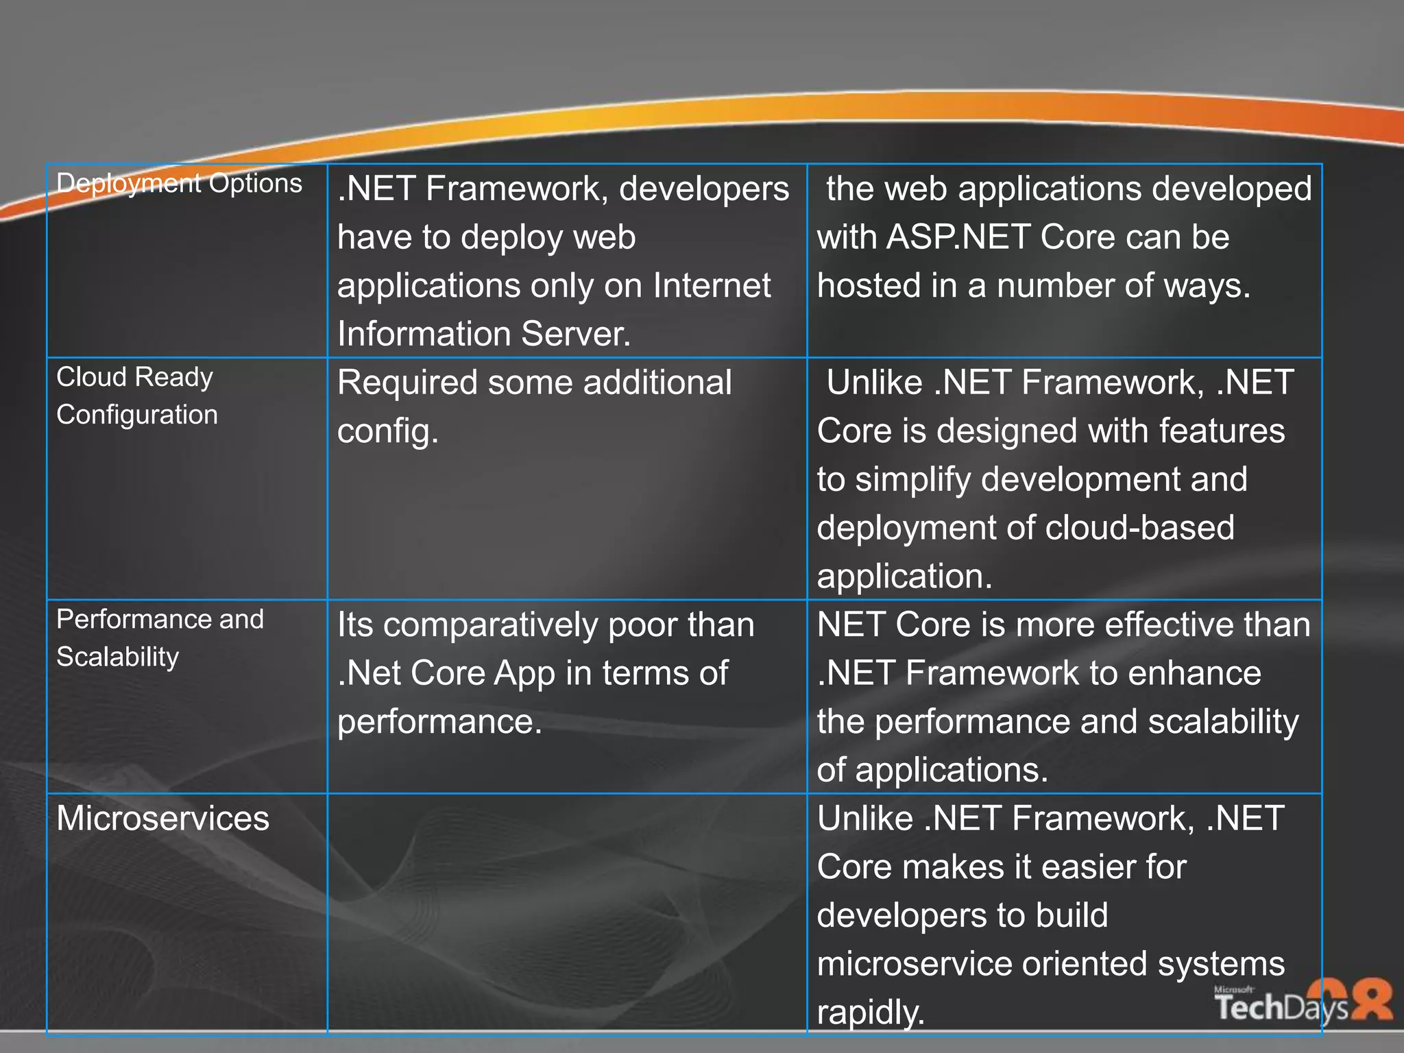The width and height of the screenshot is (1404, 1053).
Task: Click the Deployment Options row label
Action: [179, 184]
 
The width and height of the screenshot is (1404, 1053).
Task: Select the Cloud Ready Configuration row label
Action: [136, 396]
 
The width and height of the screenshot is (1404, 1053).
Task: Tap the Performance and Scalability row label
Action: [159, 638]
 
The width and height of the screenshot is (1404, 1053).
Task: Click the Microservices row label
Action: [162, 818]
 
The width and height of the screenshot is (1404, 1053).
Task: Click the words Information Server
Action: [483, 335]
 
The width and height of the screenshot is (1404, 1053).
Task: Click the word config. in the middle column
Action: [387, 431]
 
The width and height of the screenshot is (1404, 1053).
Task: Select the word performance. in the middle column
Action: [439, 722]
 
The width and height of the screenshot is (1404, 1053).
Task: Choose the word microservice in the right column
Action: [914, 964]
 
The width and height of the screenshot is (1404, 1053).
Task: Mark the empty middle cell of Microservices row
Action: [567, 912]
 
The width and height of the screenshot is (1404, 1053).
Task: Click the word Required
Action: [407, 383]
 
